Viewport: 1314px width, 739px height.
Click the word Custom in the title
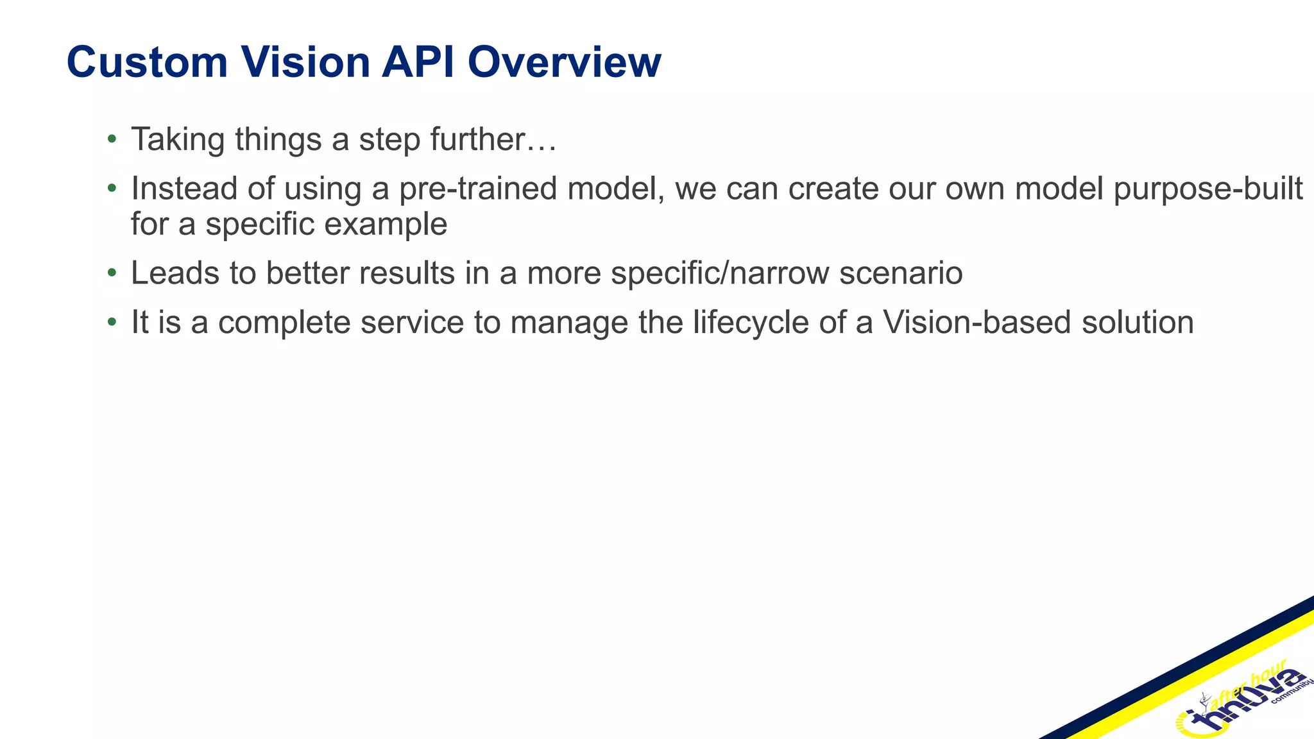point(147,63)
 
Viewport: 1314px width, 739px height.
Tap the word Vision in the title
point(305,63)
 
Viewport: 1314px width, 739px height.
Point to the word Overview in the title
point(564,63)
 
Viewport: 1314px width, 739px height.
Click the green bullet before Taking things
point(112,138)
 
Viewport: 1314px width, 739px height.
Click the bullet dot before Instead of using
point(112,188)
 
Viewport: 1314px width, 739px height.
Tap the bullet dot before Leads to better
point(112,273)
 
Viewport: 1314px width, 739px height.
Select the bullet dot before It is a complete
point(112,321)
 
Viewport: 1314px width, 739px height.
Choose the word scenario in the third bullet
point(901,273)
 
